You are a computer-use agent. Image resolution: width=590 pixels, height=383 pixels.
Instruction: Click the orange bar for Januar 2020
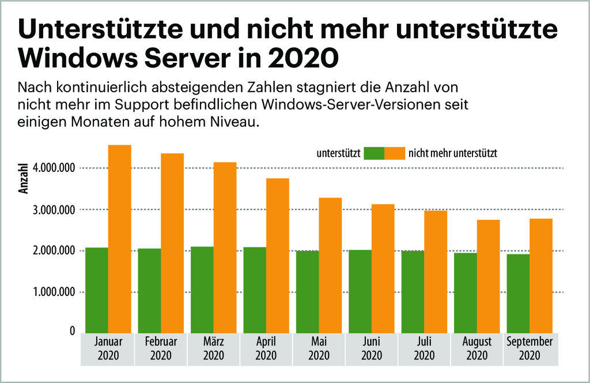(x=119, y=239)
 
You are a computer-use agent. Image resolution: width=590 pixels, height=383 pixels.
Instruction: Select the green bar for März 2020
(x=202, y=290)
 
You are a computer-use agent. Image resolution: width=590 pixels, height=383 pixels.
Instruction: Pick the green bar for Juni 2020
(x=360, y=291)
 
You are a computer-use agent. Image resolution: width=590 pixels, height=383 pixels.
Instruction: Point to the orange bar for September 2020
(x=541, y=276)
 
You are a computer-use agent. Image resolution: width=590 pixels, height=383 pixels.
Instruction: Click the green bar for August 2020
(x=466, y=293)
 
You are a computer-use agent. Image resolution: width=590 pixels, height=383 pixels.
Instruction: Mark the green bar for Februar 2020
(x=149, y=291)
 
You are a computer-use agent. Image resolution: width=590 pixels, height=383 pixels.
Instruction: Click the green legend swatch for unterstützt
(x=374, y=153)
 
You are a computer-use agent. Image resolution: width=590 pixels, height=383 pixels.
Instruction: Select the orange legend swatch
(x=395, y=153)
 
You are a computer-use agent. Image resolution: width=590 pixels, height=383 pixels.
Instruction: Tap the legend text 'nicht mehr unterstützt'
(x=452, y=153)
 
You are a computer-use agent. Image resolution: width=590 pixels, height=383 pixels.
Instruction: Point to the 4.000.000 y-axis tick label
(x=55, y=168)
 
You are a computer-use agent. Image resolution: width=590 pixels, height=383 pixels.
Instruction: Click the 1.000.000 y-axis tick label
(x=55, y=292)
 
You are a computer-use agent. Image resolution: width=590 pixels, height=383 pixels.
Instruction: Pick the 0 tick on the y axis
(x=73, y=331)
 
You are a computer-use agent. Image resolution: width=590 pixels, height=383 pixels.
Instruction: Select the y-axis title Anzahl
(x=24, y=180)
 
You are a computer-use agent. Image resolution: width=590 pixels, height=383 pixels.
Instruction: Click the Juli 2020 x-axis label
(x=424, y=348)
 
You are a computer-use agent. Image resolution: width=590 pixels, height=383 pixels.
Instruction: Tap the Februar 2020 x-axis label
(x=161, y=348)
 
